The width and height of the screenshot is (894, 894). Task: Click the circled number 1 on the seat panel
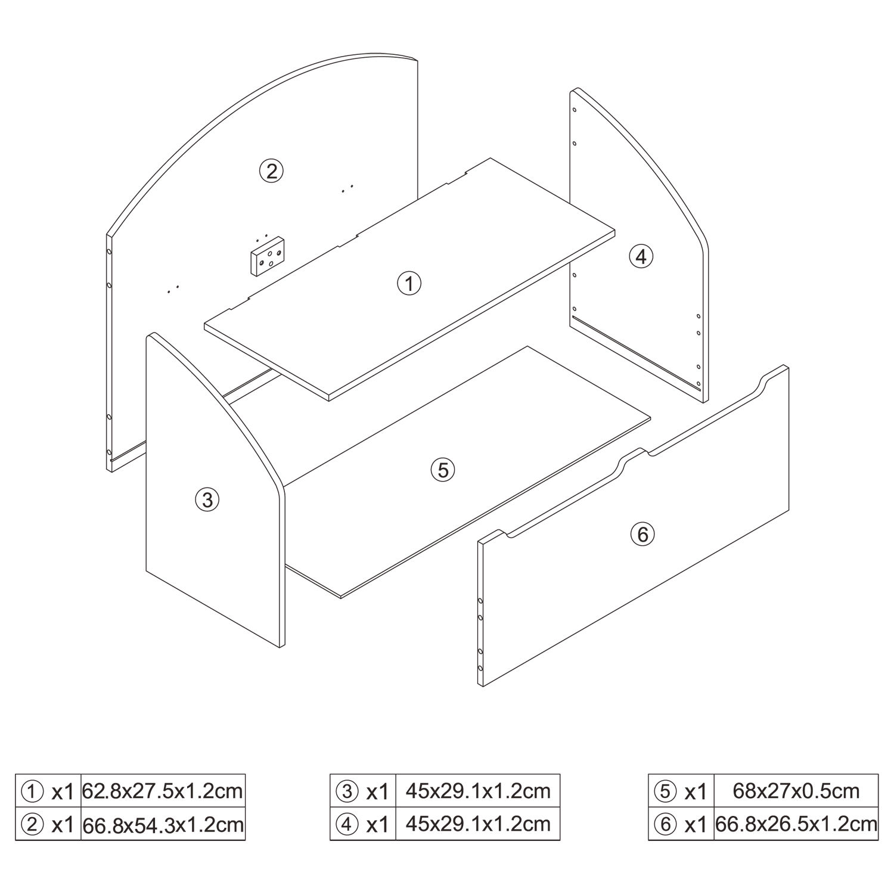pyautogui.click(x=409, y=283)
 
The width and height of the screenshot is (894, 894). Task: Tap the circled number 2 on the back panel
pyautogui.click(x=271, y=171)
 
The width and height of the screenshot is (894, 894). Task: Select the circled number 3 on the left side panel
pyautogui.click(x=207, y=499)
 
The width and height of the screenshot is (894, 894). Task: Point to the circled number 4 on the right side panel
pyautogui.click(x=641, y=256)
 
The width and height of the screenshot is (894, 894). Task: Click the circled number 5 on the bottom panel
pyautogui.click(x=443, y=470)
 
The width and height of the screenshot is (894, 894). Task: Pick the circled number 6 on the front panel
pyautogui.click(x=642, y=534)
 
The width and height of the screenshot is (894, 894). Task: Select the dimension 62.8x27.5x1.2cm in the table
pyautogui.click(x=163, y=791)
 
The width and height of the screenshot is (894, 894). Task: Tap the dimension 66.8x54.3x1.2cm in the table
pyautogui.click(x=163, y=824)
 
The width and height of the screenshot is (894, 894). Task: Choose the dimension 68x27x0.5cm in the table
pyautogui.click(x=796, y=791)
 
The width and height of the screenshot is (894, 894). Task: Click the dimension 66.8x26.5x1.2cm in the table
pyautogui.click(x=796, y=824)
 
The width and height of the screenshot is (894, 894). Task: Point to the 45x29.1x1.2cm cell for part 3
pyautogui.click(x=478, y=791)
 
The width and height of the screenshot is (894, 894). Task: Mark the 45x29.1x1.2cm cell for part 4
pyautogui.click(x=478, y=824)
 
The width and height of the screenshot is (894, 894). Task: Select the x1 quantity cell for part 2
pyautogui.click(x=62, y=825)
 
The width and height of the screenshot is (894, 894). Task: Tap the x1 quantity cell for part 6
pyautogui.click(x=696, y=825)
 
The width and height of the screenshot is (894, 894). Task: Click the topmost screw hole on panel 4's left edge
pyautogui.click(x=575, y=110)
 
